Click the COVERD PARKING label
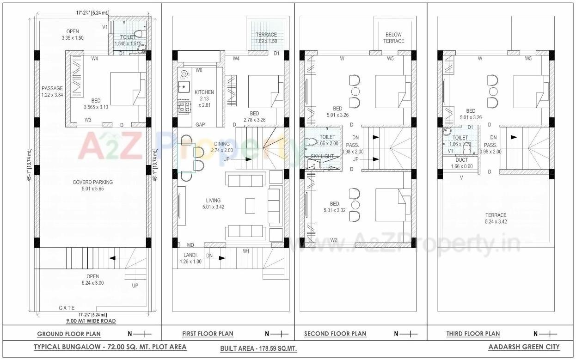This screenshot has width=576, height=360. tap(92, 182)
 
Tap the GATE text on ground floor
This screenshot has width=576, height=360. tap(67, 308)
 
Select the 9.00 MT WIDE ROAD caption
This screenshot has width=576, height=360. tap(91, 321)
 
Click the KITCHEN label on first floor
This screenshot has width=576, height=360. tap(204, 92)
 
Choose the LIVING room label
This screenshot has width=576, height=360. tap(213, 201)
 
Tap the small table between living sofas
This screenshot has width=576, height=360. tap(250, 206)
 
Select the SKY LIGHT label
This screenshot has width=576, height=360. tap(322, 157)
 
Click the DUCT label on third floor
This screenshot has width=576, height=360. tap(461, 160)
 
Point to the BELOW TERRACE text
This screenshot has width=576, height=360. tap(393, 37)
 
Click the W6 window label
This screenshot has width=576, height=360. tap(199, 70)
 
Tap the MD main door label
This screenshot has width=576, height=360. tap(190, 245)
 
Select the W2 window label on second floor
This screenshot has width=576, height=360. tap(333, 239)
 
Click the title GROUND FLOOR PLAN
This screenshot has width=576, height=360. tap(69, 334)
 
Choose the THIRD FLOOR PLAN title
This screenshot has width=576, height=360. tap(473, 334)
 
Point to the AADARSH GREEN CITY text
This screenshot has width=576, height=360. tap(524, 347)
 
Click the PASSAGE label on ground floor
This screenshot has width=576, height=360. tap(52, 88)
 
